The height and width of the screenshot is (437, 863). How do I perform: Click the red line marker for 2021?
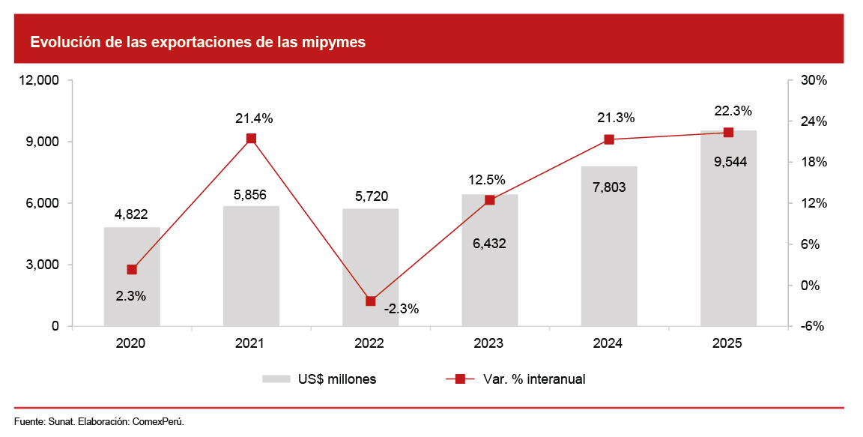[251, 139]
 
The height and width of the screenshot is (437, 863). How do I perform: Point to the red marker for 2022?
[370, 301]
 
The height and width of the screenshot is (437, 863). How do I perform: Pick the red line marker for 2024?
[609, 139]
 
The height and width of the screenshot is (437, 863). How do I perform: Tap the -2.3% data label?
[402, 308]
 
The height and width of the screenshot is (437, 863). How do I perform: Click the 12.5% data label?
[487, 180]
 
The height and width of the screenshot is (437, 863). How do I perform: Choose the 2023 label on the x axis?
[488, 343]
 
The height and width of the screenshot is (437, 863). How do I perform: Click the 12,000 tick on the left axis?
[38, 80]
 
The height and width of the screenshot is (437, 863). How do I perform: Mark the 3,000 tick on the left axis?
[44, 265]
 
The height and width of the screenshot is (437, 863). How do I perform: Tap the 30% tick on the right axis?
[815, 80]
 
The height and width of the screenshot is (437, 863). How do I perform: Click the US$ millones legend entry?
[319, 379]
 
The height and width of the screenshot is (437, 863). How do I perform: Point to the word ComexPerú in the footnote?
[160, 421]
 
